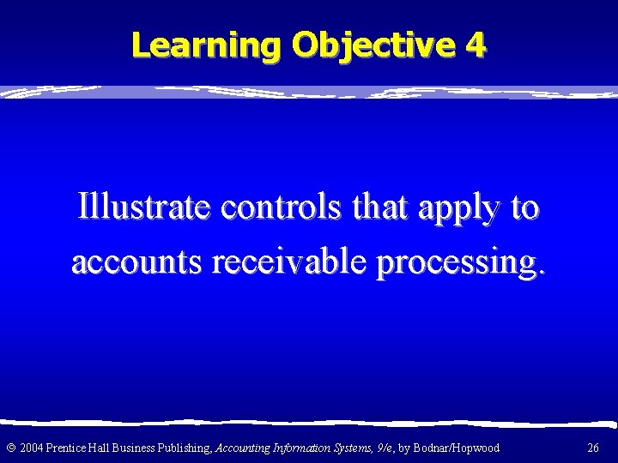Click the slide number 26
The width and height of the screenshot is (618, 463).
(593, 447)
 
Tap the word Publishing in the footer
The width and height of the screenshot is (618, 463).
(175, 447)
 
